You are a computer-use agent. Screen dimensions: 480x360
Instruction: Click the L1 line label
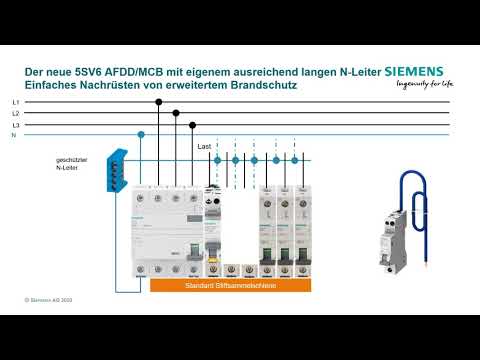[x=15, y=103]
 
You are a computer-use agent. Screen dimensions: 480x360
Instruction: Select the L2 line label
[x=15, y=114]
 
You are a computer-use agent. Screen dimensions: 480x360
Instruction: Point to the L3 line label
[x=15, y=125]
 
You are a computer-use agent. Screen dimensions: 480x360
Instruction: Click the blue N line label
[x=13, y=135]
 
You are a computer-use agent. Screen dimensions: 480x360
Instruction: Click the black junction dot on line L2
[x=176, y=114]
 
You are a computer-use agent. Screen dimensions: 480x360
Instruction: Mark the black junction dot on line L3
[x=193, y=125]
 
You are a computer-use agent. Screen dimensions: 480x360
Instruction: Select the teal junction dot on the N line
[x=141, y=134]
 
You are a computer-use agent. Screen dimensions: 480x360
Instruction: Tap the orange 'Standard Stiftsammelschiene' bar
[x=231, y=285]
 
